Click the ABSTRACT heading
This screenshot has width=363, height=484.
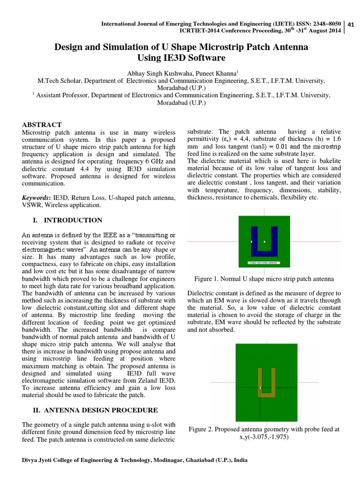(42, 124)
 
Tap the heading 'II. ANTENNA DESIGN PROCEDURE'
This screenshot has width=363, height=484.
(90, 410)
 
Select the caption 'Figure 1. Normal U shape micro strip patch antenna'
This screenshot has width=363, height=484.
(264, 279)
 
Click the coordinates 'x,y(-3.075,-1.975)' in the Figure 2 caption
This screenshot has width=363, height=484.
(264, 437)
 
